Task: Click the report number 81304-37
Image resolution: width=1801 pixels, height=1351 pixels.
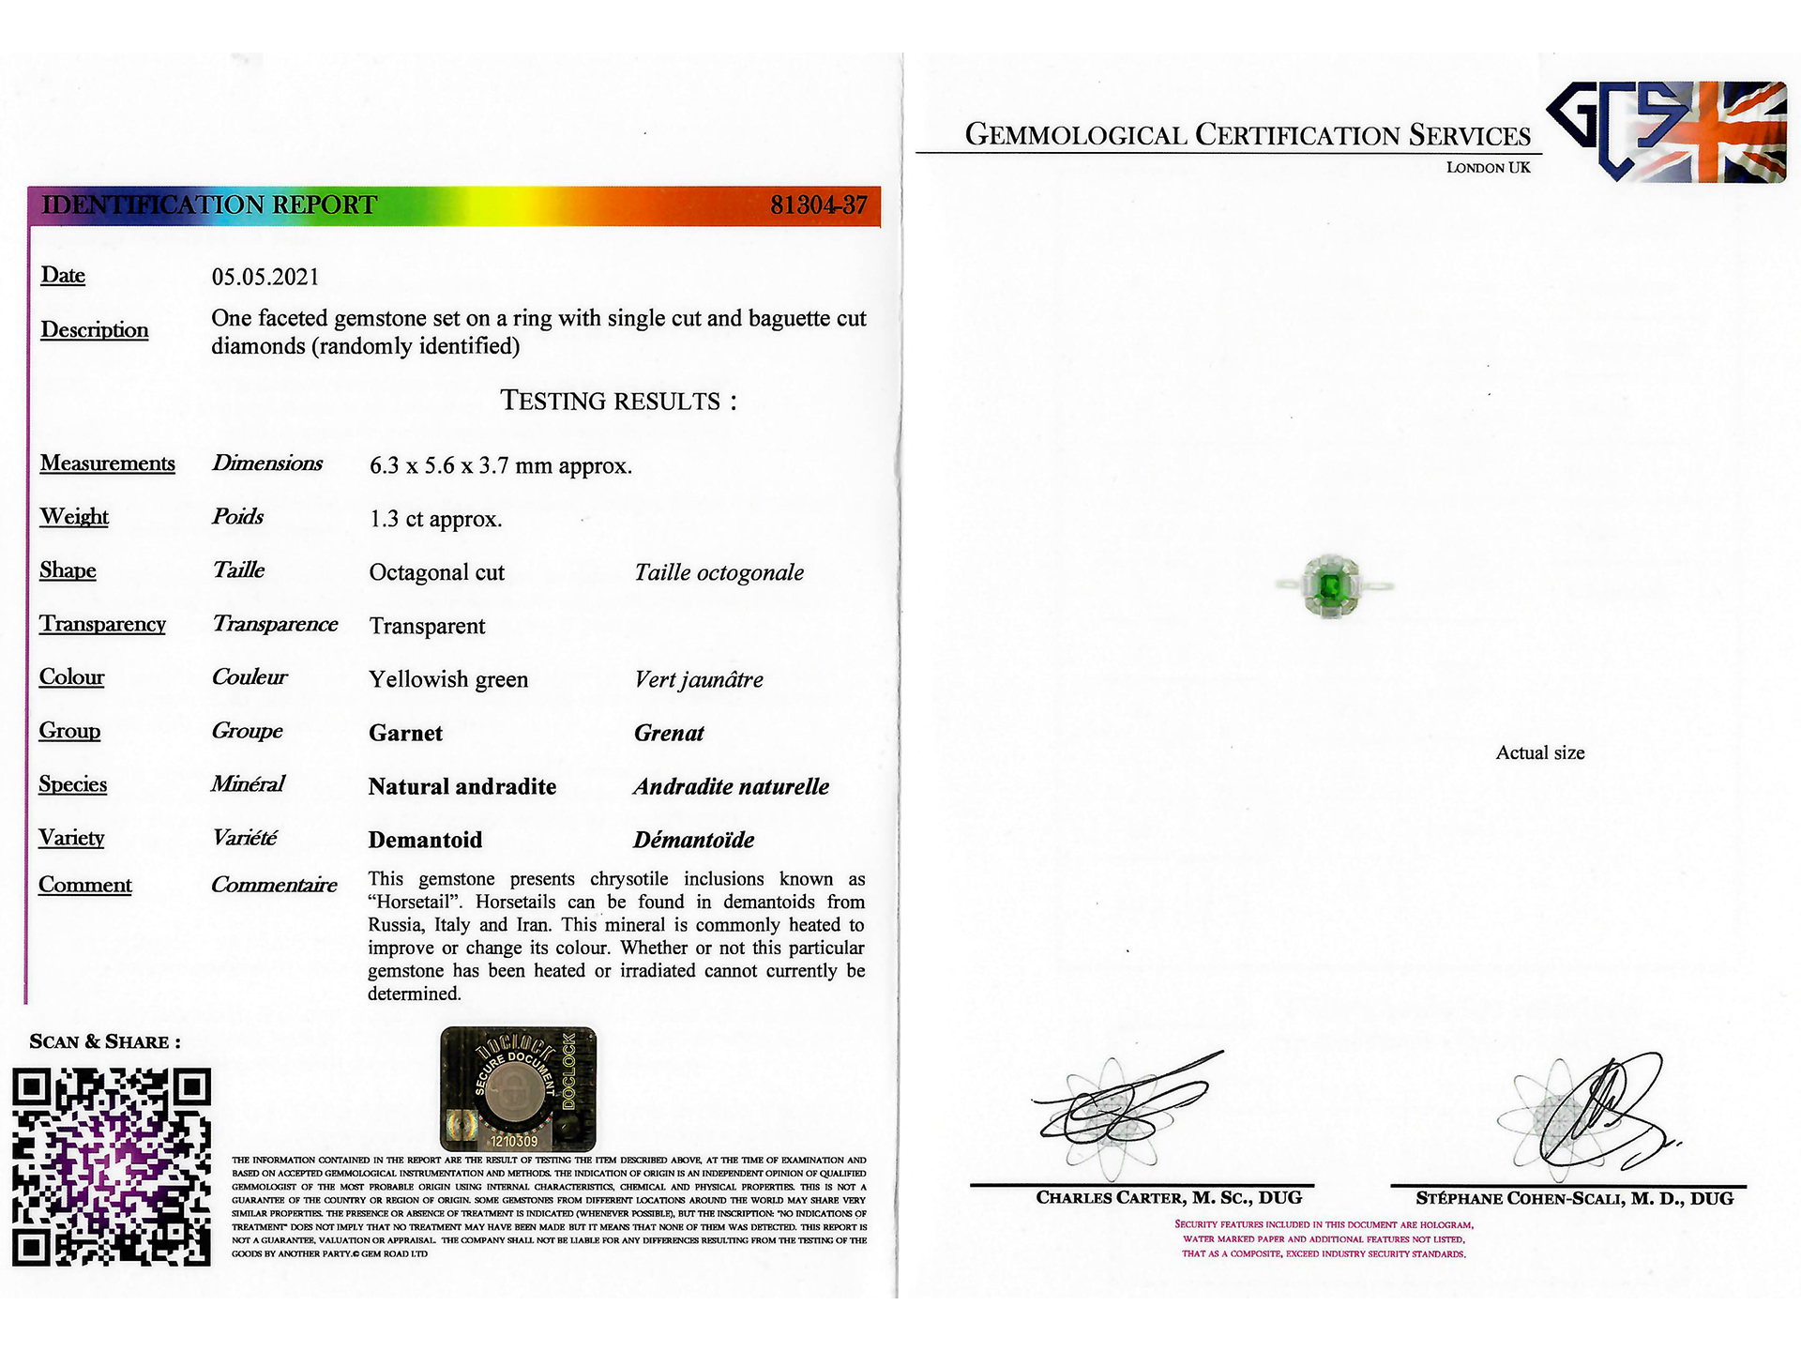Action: (x=818, y=205)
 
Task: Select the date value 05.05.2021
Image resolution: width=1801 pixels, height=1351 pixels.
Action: (x=265, y=277)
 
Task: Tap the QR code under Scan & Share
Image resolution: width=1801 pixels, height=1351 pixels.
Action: (x=112, y=1166)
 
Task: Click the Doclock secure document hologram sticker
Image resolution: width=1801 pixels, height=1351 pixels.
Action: (x=518, y=1089)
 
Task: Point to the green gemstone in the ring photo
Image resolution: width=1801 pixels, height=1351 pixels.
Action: (x=1329, y=586)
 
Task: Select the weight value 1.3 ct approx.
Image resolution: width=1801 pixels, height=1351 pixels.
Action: (x=435, y=519)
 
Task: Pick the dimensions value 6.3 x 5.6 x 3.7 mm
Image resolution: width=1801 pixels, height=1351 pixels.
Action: (x=500, y=465)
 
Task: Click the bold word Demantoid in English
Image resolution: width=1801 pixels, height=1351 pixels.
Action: (x=425, y=840)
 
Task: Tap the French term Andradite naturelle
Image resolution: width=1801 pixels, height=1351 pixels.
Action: (x=731, y=786)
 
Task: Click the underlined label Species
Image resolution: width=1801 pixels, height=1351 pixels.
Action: (x=72, y=784)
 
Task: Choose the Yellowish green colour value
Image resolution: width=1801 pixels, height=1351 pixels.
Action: (x=448, y=679)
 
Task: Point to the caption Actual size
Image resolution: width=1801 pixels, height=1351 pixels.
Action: (x=1539, y=752)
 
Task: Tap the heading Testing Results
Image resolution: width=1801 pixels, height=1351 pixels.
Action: (x=618, y=401)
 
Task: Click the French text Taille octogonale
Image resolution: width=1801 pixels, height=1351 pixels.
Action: (x=719, y=572)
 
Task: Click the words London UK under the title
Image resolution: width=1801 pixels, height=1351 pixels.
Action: (x=1488, y=168)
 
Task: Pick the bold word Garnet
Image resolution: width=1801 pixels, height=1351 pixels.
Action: (x=405, y=733)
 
